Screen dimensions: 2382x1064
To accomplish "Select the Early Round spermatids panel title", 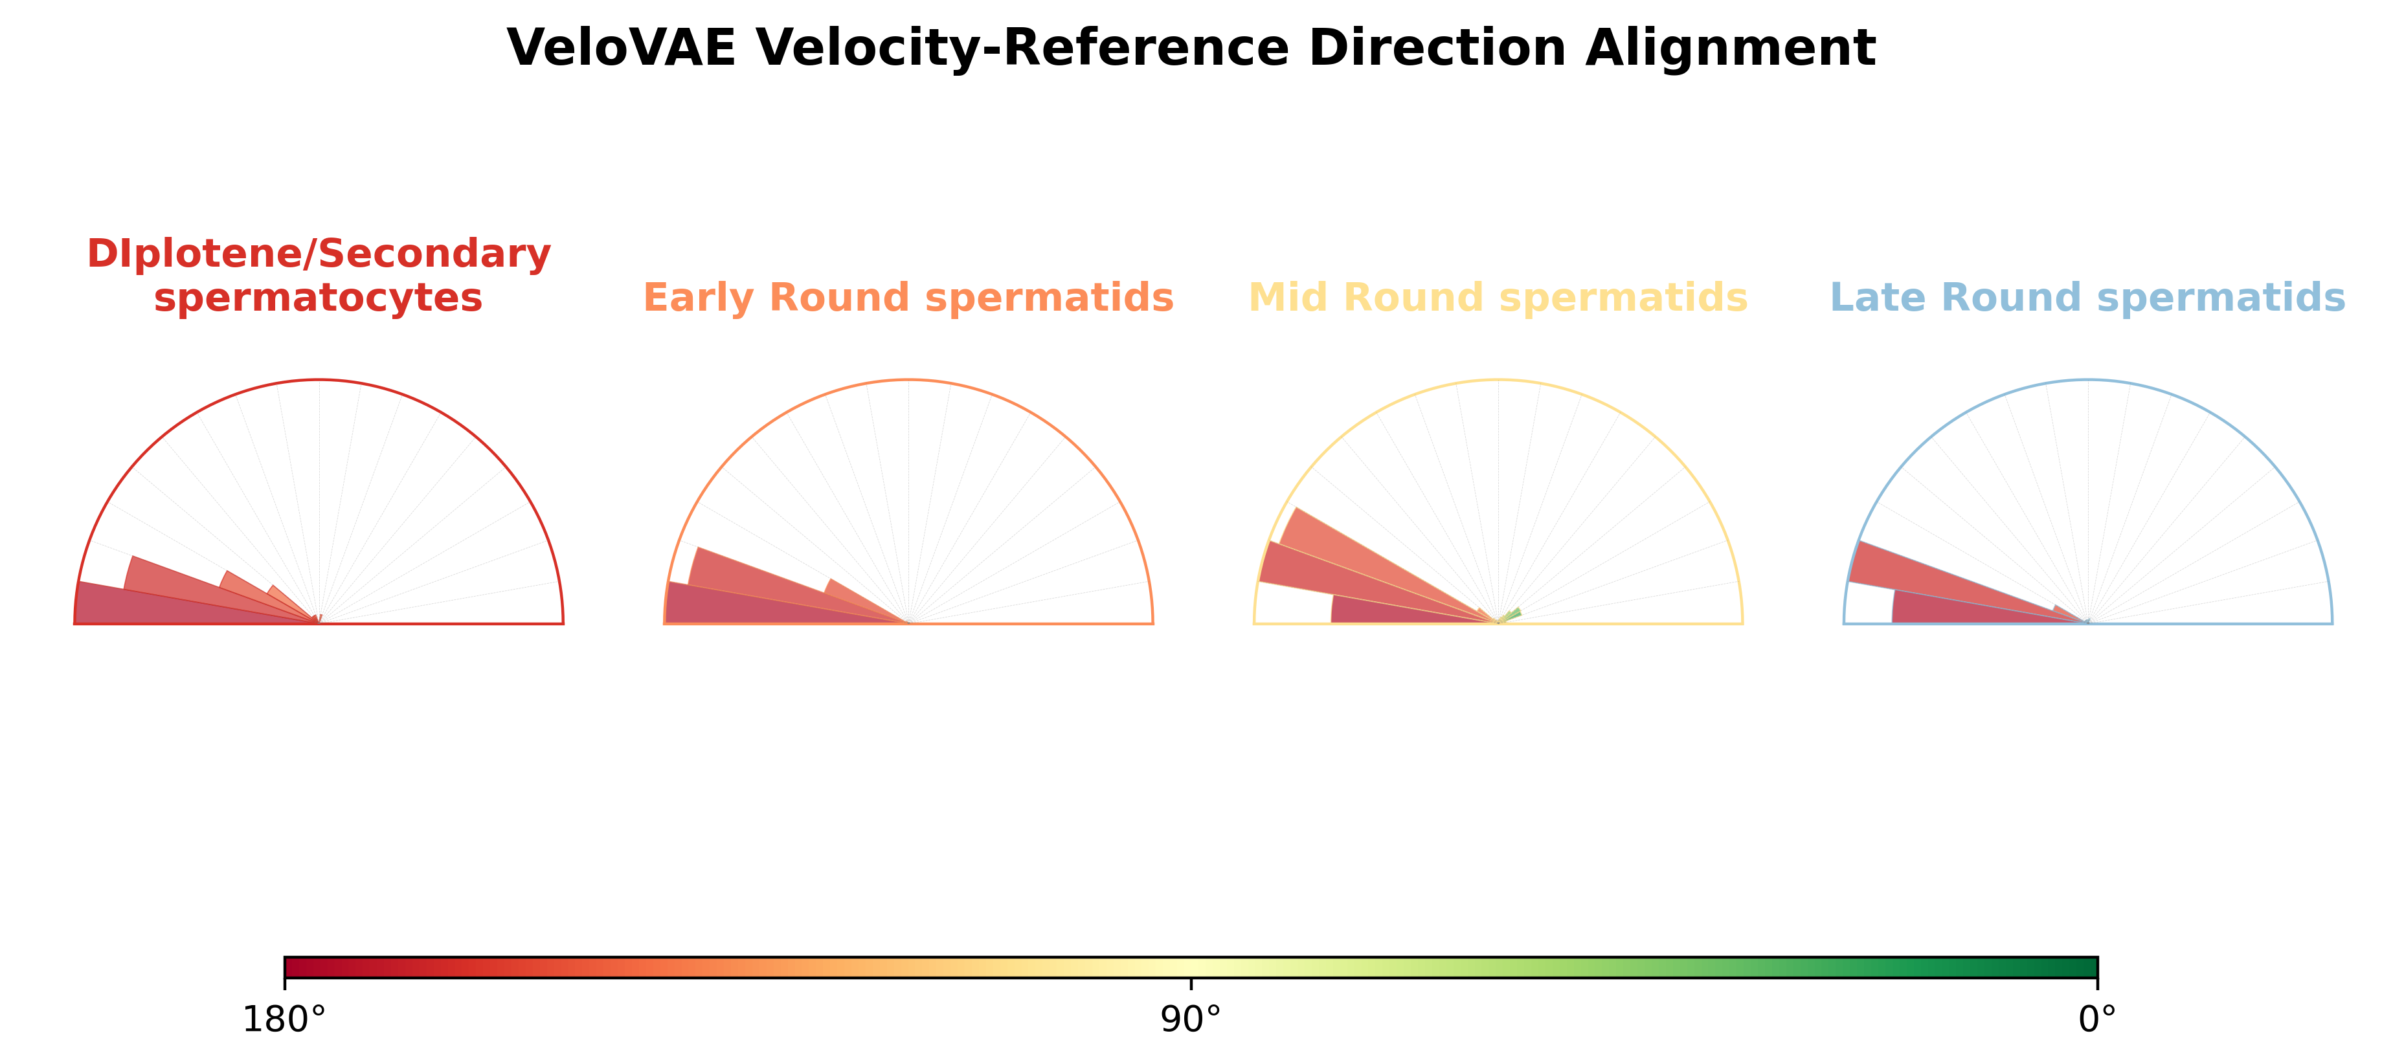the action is [x=908, y=298].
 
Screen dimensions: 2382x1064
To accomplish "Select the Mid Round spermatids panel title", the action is [x=1498, y=298].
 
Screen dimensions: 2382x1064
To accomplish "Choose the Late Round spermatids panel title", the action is [x=2088, y=298].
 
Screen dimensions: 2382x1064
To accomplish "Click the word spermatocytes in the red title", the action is [x=319, y=298].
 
